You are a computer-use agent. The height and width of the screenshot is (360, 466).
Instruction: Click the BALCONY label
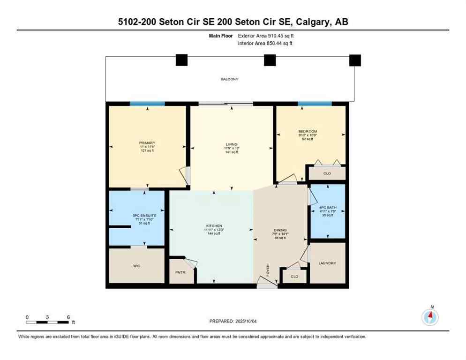pos(230,79)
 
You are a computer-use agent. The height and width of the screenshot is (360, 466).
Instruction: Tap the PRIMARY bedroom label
pos(147,143)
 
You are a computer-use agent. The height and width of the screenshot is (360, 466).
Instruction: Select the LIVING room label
pos(231,144)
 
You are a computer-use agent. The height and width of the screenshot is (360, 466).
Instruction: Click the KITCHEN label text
pos(213,226)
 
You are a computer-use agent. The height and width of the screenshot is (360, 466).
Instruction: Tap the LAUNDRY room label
pos(327,263)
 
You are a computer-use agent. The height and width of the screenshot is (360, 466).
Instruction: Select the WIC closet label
pos(136,266)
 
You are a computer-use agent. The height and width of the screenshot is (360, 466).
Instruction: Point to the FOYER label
pos(268,272)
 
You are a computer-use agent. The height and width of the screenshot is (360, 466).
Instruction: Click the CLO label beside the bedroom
pos(327,173)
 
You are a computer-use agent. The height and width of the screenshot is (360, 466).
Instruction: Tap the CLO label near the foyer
pos(294,277)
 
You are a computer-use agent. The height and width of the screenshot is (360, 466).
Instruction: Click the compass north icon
pos(430,317)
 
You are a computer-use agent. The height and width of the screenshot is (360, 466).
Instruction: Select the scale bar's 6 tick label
pos(68,317)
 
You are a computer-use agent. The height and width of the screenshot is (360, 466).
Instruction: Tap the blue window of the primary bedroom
pos(147,104)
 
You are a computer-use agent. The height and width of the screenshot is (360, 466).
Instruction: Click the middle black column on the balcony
pos(270,60)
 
